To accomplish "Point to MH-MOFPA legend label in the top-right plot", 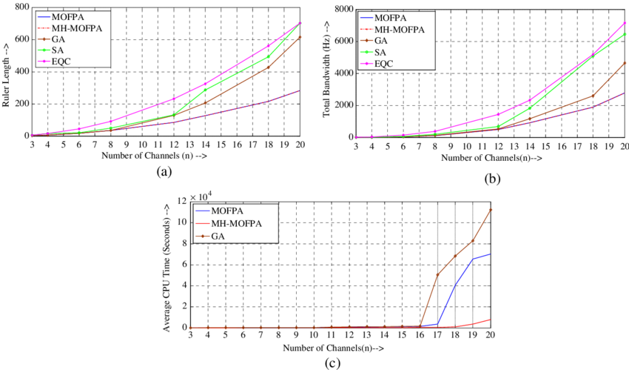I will (x=403, y=29).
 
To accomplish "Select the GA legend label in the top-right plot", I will (x=388, y=40).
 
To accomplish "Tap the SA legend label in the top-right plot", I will (x=388, y=52).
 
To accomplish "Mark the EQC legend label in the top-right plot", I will (x=391, y=63).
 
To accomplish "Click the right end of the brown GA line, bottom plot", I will (x=490, y=210).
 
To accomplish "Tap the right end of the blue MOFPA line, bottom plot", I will (x=490, y=254).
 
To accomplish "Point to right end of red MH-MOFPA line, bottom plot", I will (x=490, y=320).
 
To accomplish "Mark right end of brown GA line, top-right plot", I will (x=626, y=62).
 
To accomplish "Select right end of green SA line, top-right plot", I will (x=626, y=33).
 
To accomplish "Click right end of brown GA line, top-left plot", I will (x=300, y=36).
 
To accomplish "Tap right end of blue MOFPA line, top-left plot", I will (x=300, y=90).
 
